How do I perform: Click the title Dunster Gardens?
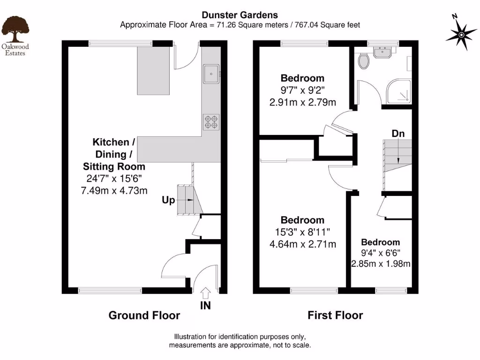[240, 15]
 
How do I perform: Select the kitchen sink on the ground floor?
[211, 74]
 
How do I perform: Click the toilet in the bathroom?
[363, 60]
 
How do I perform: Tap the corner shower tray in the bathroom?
[399, 91]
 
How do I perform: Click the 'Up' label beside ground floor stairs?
[168, 200]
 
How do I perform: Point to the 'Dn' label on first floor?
[398, 134]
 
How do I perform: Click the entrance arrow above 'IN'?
[205, 293]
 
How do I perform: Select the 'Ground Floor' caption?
[144, 315]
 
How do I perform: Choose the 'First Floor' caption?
[335, 315]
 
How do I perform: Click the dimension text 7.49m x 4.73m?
[114, 190]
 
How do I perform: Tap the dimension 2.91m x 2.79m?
[302, 102]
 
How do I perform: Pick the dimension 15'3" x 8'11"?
[302, 232]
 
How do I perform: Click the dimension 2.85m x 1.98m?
[381, 263]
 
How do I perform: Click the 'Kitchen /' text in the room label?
[111, 142]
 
